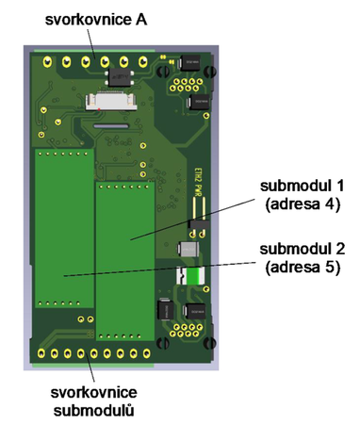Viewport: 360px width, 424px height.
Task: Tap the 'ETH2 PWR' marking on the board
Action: click(199, 178)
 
